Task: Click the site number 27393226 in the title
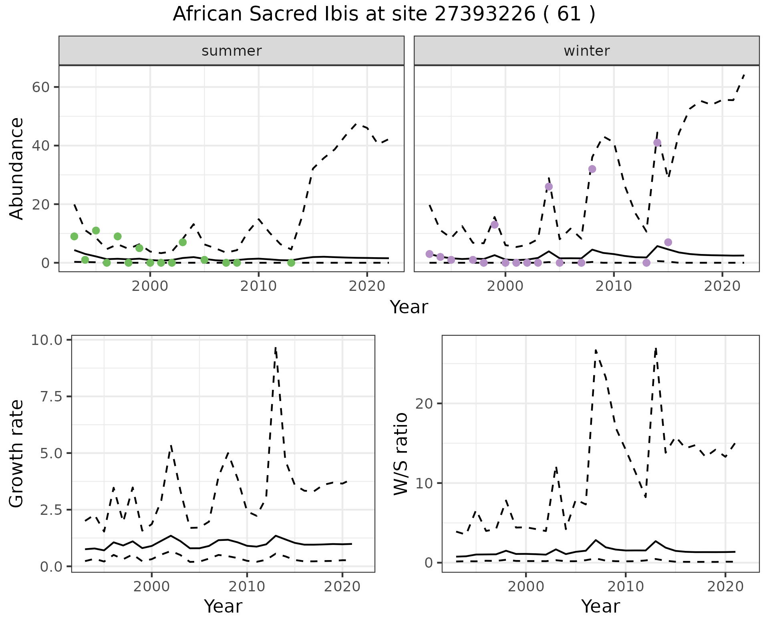point(485,14)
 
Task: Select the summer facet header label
point(232,51)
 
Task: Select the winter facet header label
point(586,51)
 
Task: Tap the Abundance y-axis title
point(17,168)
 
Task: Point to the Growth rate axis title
point(17,454)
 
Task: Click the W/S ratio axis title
point(401,454)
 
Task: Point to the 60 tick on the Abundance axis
point(40,87)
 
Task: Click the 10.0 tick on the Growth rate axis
point(46,340)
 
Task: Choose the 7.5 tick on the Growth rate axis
point(52,397)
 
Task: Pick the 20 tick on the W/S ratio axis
point(425,403)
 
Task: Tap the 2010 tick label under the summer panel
point(258,286)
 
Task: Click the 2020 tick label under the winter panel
point(722,286)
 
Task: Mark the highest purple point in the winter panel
point(657,143)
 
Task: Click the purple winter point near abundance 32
point(592,169)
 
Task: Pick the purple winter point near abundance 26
point(549,187)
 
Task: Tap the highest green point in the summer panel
point(96,230)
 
